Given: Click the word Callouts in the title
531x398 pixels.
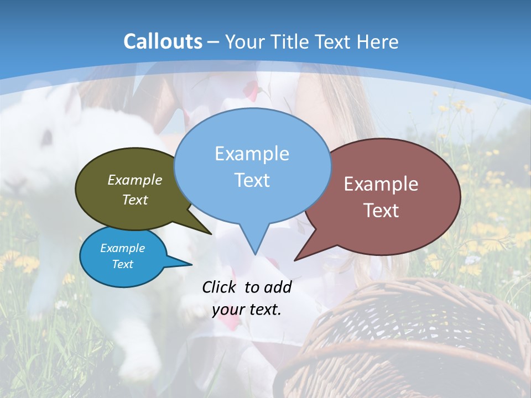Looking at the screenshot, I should (x=163, y=41).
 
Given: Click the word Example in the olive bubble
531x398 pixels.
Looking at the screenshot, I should (x=135, y=180).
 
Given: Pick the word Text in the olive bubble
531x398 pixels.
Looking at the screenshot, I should (x=135, y=200).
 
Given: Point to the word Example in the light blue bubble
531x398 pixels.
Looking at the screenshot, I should (x=252, y=154).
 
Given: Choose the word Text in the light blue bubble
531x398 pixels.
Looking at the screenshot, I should (x=252, y=180).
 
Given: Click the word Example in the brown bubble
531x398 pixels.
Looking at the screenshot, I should (x=381, y=184).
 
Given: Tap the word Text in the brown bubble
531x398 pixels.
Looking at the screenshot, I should (x=381, y=211).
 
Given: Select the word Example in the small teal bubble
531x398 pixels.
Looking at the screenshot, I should (x=122, y=248).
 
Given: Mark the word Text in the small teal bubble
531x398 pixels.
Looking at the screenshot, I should (x=122, y=264).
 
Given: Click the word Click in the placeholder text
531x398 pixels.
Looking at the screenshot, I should (x=220, y=287).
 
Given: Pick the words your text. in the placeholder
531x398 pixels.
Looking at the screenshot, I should (x=247, y=310).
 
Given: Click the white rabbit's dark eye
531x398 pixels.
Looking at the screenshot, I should (x=47, y=135).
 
